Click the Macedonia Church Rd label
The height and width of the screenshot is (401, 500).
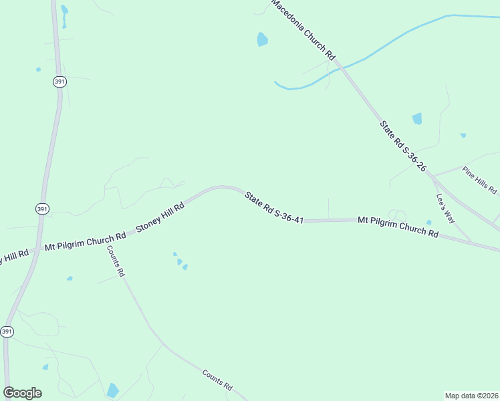point(302,31)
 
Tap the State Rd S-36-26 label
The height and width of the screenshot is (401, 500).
point(403,146)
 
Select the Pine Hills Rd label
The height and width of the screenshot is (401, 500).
point(479,180)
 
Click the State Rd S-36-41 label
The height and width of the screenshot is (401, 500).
point(274,207)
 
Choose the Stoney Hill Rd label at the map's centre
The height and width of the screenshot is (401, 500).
point(160,217)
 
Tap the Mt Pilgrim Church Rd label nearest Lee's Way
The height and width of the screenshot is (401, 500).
point(398,227)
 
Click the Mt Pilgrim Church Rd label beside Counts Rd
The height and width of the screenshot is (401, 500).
point(85,241)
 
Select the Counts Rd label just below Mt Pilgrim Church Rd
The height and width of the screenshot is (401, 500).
point(116,261)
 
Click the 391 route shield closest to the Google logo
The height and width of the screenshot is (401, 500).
point(7,331)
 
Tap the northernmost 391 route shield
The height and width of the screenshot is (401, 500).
point(59,81)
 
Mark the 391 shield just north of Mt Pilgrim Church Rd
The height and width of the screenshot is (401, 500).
point(42,209)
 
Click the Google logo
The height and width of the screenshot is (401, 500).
point(22,393)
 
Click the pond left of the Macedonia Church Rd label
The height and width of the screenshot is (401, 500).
point(262,39)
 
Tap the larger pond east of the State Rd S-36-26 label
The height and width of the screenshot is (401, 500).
point(417,119)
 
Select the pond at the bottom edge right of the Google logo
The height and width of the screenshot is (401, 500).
point(112,390)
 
